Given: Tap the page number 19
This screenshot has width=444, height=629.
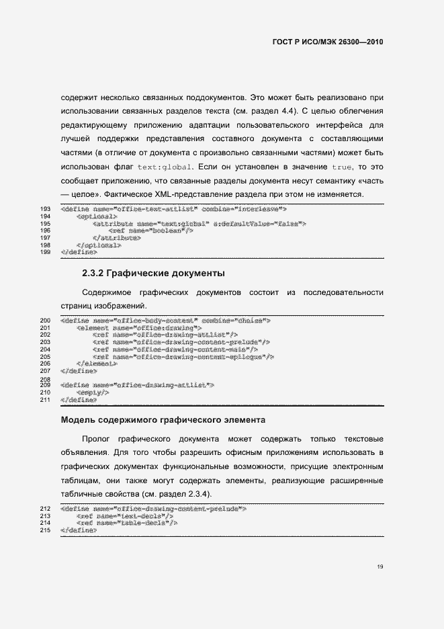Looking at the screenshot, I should point(380,567).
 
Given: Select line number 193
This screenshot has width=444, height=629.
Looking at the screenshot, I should point(46,210).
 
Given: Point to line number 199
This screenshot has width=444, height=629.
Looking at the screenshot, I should point(46,252).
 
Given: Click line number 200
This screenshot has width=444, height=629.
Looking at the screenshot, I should point(46,321).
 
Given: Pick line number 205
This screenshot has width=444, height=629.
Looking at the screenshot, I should point(46,356).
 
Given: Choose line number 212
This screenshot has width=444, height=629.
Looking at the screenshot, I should point(46,509).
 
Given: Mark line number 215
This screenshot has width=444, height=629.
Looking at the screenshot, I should point(46,530).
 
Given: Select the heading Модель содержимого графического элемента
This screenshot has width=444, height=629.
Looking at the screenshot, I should point(163,421).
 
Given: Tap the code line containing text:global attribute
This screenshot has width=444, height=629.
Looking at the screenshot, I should point(199,224).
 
